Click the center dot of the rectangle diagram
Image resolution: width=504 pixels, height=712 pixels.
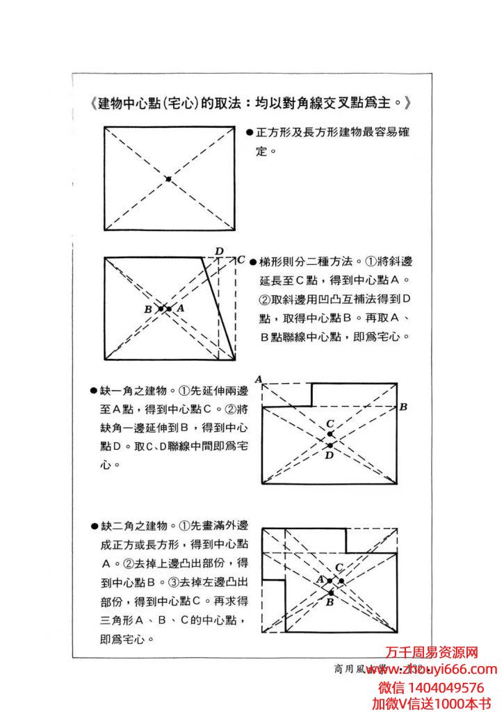168,179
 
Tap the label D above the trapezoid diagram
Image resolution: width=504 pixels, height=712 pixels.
219,251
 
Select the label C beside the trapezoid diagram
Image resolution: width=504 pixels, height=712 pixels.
241,260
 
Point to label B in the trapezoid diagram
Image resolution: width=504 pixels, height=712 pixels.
148,309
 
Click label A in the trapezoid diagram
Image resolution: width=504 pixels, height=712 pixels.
180,307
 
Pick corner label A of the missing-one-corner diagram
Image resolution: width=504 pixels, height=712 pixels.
258,379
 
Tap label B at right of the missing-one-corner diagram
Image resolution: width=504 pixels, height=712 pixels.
403,406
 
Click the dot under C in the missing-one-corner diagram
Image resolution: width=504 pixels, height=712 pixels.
330,435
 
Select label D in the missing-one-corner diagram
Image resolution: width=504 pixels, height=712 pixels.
330,455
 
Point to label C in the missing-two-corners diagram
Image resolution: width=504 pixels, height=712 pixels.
339,567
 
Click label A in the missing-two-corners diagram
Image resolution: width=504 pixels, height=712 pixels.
320,579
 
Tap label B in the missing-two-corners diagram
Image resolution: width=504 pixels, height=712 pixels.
330,603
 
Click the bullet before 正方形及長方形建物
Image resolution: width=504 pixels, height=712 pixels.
250,132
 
